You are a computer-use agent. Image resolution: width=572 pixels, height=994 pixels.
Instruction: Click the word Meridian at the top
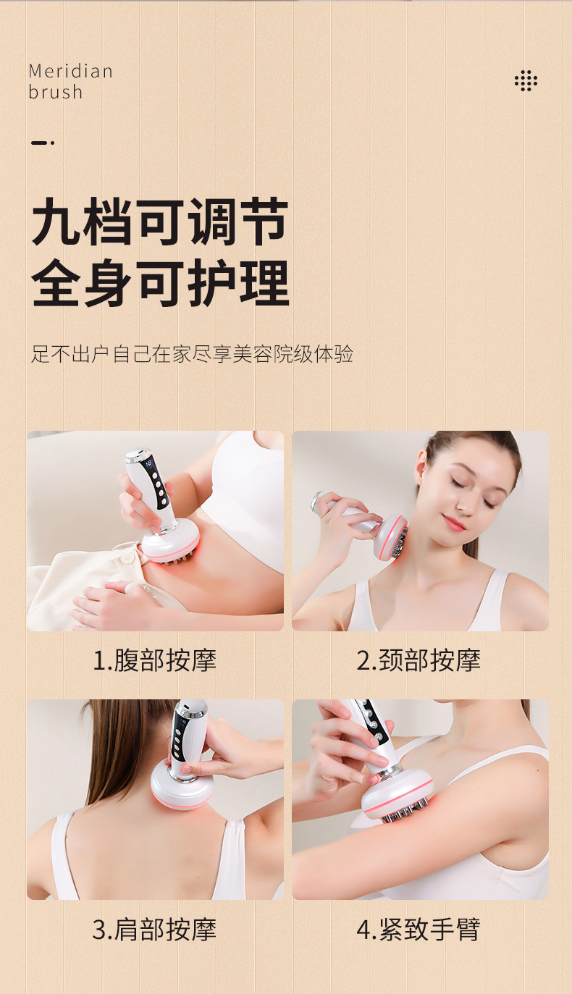click(70, 72)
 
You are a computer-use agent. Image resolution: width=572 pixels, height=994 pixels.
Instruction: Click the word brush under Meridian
click(56, 92)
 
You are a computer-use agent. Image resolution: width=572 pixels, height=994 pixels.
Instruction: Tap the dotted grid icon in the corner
click(526, 81)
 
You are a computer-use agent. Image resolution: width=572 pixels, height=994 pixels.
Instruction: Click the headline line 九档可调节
click(160, 222)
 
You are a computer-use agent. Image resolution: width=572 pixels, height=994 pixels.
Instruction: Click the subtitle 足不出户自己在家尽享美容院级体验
click(192, 354)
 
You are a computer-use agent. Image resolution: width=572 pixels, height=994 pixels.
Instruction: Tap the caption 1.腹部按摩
click(154, 660)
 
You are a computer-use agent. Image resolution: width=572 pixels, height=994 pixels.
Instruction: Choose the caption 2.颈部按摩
click(419, 660)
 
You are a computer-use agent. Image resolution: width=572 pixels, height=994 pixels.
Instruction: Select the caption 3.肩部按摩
click(154, 930)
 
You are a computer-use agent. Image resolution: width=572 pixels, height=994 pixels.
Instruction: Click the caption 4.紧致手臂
click(419, 930)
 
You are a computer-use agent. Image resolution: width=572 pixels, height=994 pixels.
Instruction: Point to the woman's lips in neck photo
click(454, 522)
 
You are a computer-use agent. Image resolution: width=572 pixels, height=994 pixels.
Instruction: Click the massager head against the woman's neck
click(390, 538)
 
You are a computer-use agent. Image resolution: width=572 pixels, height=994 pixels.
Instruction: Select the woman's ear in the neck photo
click(420, 468)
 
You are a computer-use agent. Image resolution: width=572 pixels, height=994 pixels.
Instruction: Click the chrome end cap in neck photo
click(318, 500)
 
